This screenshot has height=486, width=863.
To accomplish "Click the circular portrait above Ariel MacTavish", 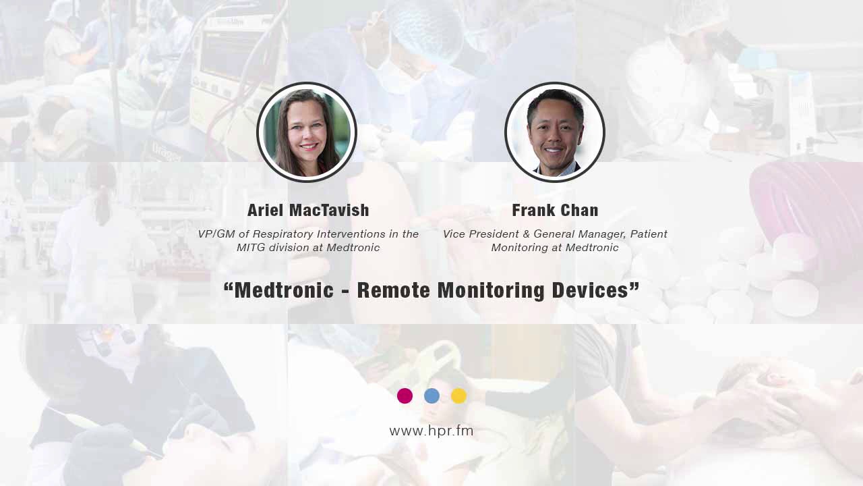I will point(307,132).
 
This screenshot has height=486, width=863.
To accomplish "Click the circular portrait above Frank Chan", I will point(555,132).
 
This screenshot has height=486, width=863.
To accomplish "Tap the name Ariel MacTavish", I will point(308,211).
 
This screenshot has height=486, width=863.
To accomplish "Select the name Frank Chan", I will point(555,211).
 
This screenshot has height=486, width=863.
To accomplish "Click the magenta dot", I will point(405,396).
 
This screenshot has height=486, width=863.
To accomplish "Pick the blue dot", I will point(431,396).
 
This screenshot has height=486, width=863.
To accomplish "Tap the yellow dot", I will point(458,396).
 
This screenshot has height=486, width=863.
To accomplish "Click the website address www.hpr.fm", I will point(431,431).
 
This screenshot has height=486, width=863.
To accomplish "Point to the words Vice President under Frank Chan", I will point(482,234).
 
